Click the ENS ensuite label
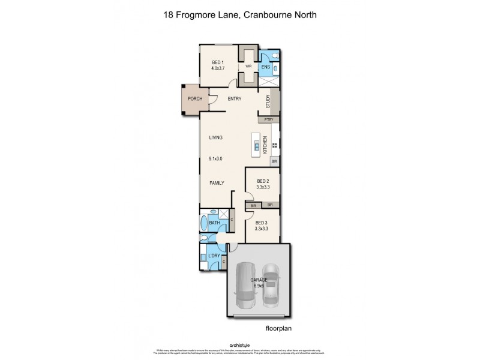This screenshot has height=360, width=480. click(266, 67)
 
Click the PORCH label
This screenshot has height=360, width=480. click(194, 98)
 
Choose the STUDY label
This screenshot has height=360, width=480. click(268, 102)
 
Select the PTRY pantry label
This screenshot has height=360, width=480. click(268, 120)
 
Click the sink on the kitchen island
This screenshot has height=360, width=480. click(256, 146)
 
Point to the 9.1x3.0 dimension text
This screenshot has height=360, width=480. click(215, 159)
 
